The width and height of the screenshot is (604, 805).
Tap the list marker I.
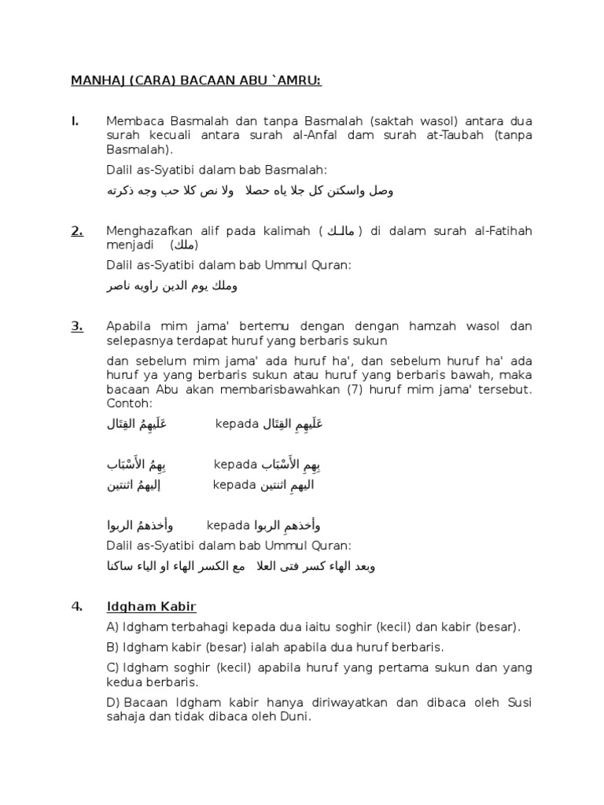(x=75, y=121)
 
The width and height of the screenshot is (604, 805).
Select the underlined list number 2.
(x=77, y=230)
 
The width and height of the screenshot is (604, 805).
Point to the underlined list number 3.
(x=77, y=326)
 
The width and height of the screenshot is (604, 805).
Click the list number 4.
(x=76, y=606)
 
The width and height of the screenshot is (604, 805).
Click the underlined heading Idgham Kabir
(x=151, y=606)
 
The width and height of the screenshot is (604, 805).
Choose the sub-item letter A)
(x=113, y=627)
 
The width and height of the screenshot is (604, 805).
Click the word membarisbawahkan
(x=260, y=390)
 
